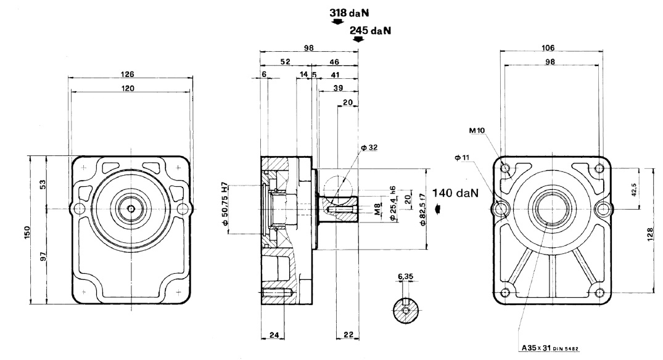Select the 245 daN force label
pos(371,30)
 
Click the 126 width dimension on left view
pos(129,73)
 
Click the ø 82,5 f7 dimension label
pos(422,207)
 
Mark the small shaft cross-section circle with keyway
pos(405,311)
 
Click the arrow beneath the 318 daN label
pos(336,22)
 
